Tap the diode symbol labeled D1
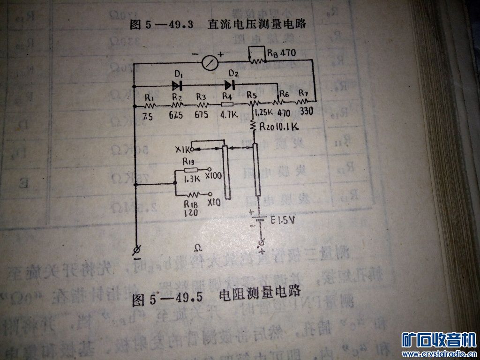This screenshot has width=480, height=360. (177, 85)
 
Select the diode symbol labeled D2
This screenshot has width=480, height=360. (229, 85)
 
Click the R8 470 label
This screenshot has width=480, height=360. (281, 53)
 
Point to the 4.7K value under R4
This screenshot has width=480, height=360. (228, 113)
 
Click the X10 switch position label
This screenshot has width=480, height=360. (213, 203)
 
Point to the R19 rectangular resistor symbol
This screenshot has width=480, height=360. (191, 170)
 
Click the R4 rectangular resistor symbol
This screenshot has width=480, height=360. (227, 104)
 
